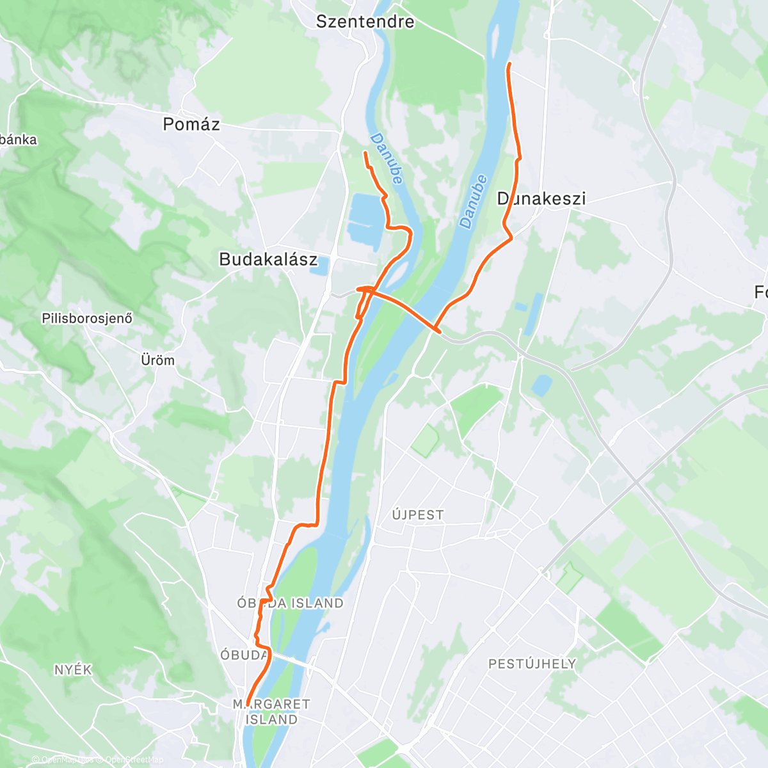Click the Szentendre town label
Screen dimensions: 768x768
(x=365, y=22)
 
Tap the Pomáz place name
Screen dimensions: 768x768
(x=191, y=124)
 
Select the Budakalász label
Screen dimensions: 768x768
(x=268, y=259)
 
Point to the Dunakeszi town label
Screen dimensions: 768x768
(x=541, y=198)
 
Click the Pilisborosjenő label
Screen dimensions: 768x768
(x=87, y=318)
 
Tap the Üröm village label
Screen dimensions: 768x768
(x=157, y=360)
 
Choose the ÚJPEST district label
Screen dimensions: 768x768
(x=418, y=515)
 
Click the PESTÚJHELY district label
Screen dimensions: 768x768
(x=532, y=664)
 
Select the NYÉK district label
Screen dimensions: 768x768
(x=73, y=670)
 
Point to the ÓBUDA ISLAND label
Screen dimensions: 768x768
(x=290, y=603)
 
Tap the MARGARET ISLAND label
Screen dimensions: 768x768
(x=271, y=712)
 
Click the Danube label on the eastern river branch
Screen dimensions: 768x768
(x=474, y=202)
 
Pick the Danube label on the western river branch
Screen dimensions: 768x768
(x=387, y=159)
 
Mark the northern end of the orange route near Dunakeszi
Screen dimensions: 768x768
(x=509, y=65)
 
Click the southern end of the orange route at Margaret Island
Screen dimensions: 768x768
(x=247, y=705)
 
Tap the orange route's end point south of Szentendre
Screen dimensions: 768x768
(x=365, y=152)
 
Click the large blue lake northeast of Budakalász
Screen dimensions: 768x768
(x=365, y=218)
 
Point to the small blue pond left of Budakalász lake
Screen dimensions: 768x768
(x=318, y=266)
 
